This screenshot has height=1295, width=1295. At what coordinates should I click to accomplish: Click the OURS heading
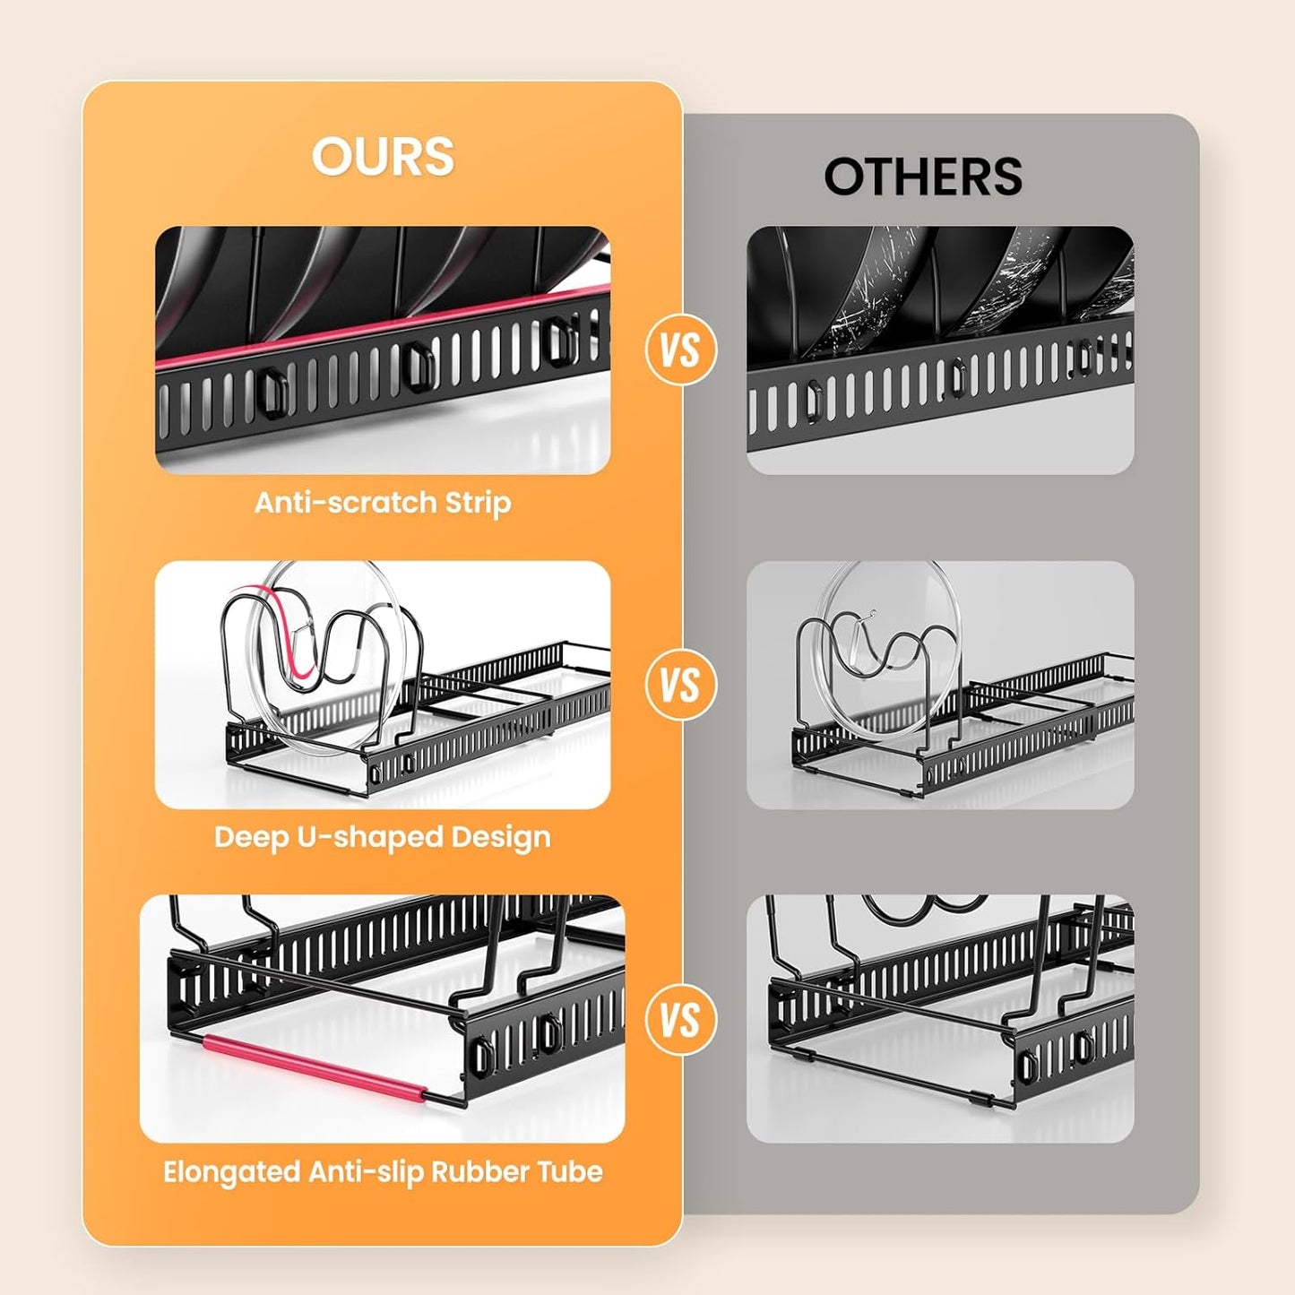pos(383,157)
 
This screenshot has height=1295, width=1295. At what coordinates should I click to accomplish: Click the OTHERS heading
pos(923,177)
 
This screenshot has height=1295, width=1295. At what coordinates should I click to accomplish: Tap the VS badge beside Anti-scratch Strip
pos(681,350)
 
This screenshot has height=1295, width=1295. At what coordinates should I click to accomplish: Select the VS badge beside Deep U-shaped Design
pos(681,685)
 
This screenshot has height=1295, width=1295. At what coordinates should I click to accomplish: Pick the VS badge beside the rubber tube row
pos(681,1020)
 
